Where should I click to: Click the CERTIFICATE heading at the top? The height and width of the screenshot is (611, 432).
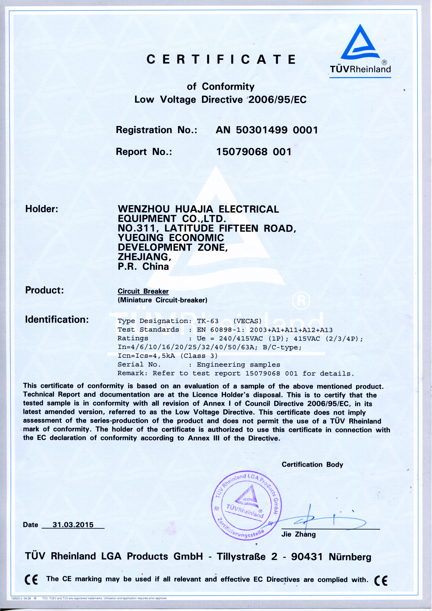221,59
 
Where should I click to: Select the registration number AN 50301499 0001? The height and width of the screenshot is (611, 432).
267,130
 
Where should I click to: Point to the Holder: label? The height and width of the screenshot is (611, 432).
42,209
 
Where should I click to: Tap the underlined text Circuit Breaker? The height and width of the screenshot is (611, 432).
143,291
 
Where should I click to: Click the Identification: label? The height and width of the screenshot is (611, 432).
57,319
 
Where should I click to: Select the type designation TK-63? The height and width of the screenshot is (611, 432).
208,321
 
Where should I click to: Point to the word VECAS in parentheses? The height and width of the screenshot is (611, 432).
247,321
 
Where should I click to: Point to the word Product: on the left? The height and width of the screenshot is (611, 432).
44,290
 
